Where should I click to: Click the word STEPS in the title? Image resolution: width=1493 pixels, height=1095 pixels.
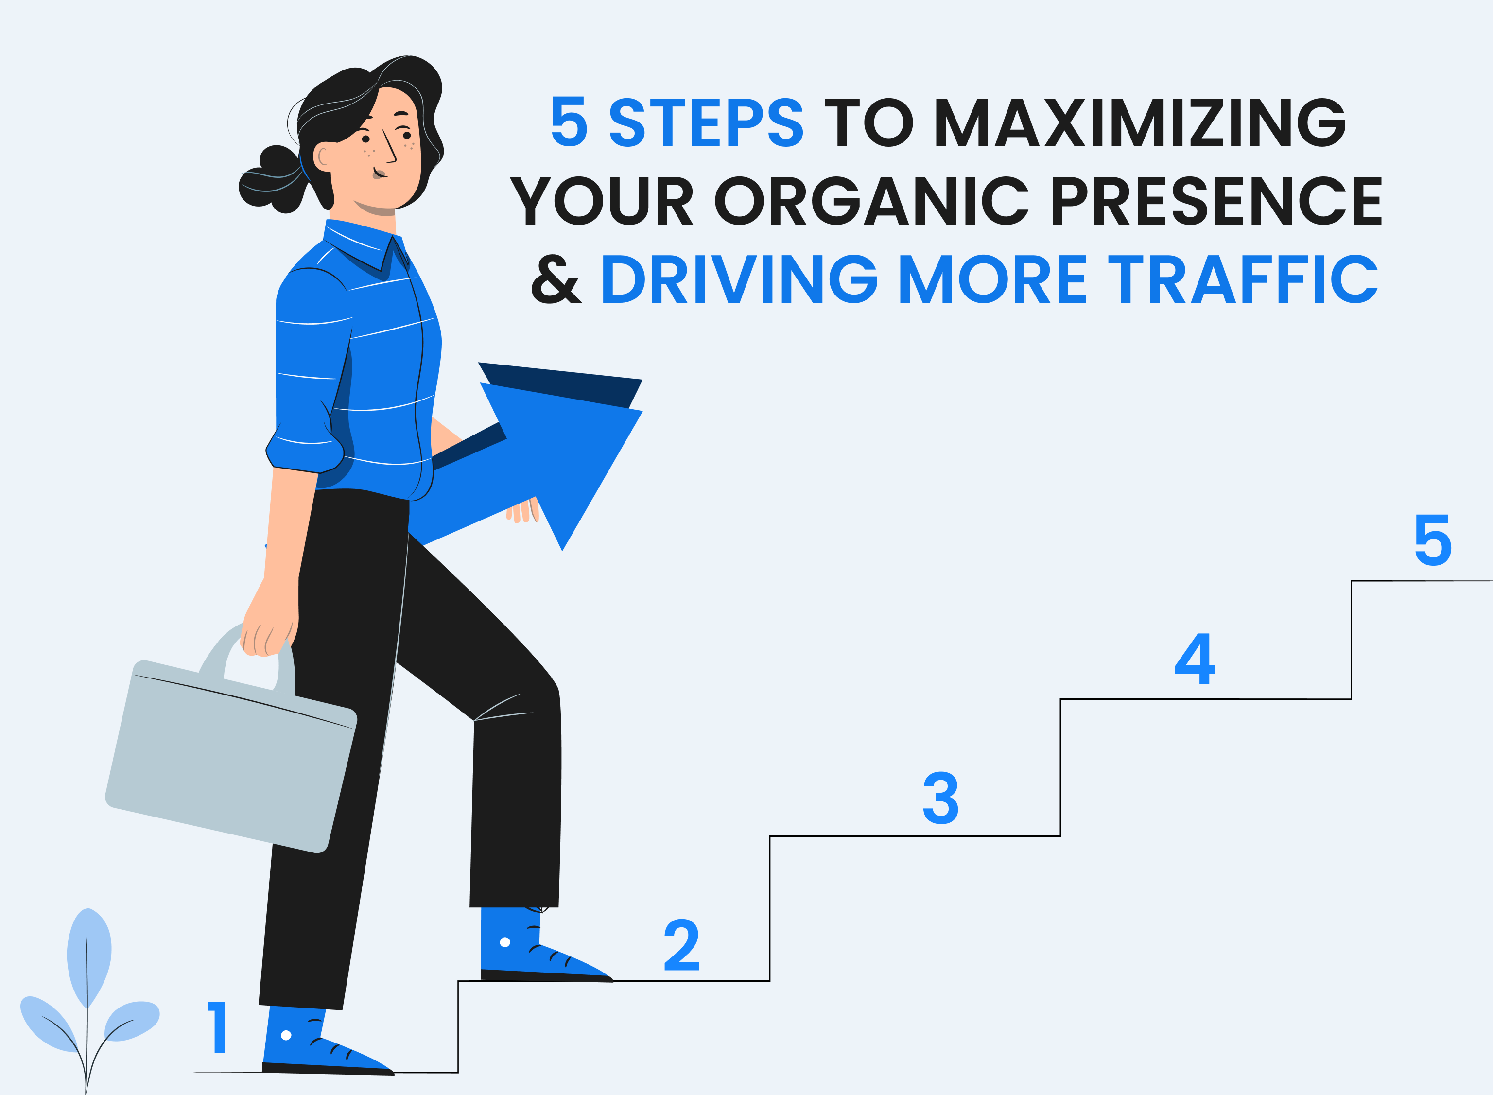click(707, 122)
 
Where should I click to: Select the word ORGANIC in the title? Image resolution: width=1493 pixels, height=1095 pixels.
click(871, 201)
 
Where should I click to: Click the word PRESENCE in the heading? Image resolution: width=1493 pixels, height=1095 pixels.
click(1216, 201)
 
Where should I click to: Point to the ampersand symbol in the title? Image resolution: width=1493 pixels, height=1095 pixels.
click(556, 279)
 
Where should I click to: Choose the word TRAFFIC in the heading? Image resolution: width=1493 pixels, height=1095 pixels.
click(1243, 279)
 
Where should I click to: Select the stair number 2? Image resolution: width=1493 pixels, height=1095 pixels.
click(682, 944)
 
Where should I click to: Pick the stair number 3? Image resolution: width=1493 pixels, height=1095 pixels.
click(940, 798)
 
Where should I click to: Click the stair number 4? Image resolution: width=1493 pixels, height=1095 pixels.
click(1195, 658)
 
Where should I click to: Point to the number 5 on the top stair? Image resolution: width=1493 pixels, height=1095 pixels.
click(1433, 540)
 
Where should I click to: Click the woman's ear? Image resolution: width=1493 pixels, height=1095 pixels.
click(323, 156)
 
